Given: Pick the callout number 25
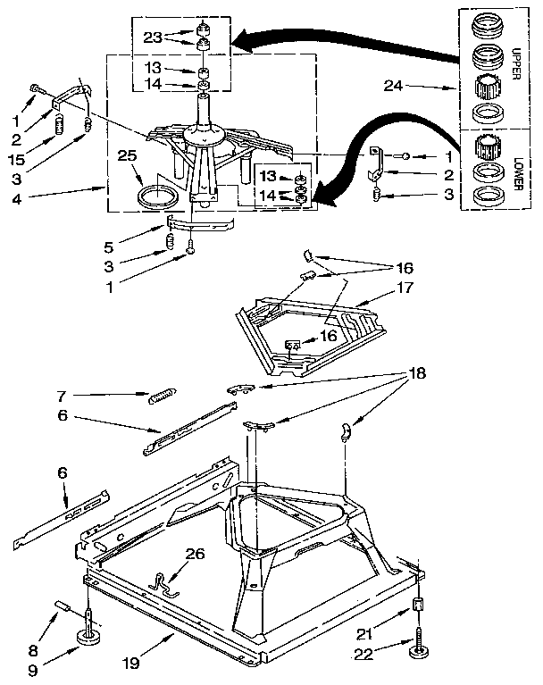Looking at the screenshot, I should pos(129,155).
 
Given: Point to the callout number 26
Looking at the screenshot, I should pos(195,554).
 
